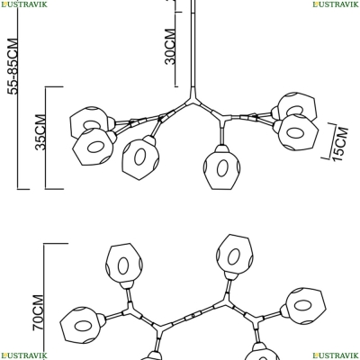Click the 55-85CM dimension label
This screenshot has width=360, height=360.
tap(13, 67)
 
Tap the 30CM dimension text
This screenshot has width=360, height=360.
tap(170, 47)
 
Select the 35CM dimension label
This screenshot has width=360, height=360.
tap(40, 132)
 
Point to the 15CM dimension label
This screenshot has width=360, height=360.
tap(341, 144)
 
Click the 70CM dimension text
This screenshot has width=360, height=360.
tap(39, 312)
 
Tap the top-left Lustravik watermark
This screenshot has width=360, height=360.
tap(23, 4)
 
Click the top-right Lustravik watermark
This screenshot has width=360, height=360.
tap(336, 4)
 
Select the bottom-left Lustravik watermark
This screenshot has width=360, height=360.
tap(23, 355)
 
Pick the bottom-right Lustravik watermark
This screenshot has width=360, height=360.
tap(336, 355)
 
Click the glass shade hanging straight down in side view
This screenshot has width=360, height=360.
tap(222, 167)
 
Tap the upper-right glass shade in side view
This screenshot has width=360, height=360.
tap(295, 107)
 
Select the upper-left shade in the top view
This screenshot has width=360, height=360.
tap(124, 265)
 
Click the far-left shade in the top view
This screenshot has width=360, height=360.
tap(82, 325)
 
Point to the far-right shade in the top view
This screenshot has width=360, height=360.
tap(303, 306)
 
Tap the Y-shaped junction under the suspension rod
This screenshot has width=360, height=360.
tap(193, 98)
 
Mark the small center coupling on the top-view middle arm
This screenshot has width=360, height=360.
tap(193, 316)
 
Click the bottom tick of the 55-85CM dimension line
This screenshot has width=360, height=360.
tap(23, 189)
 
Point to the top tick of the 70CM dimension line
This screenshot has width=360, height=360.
tap(56, 243)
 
